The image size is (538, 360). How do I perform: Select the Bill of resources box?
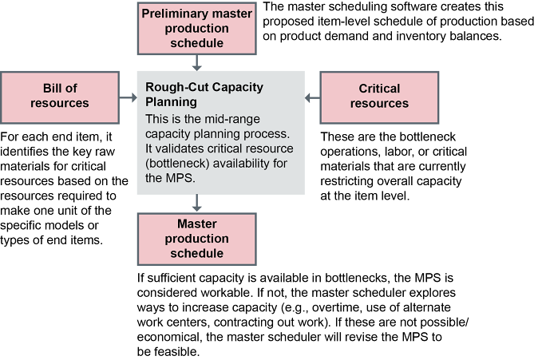[x=59, y=96]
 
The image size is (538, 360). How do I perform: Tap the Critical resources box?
[x=378, y=96]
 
